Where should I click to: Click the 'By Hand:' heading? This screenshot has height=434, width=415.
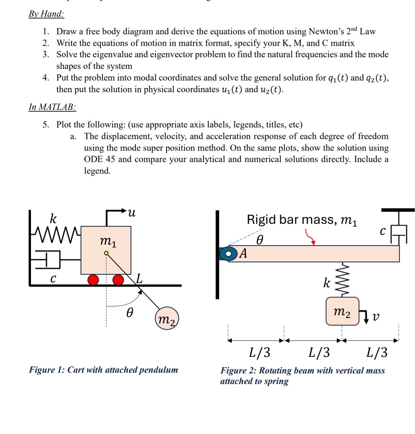pyautogui.click(x=46, y=14)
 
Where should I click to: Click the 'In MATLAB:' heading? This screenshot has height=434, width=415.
pyautogui.click(x=52, y=107)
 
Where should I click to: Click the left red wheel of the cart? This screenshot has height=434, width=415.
pyautogui.click(x=93, y=280)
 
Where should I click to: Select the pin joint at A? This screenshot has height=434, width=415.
pyautogui.click(x=229, y=253)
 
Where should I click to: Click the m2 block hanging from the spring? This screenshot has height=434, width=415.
pyautogui.click(x=342, y=311)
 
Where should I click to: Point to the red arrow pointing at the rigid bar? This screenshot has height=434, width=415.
pyautogui.click(x=310, y=237)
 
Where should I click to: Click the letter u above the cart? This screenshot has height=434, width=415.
pyautogui.click(x=131, y=212)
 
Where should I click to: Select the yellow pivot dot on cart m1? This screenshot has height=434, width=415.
pyautogui.click(x=106, y=253)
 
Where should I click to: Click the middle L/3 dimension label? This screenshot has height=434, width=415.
pyautogui.click(x=319, y=352)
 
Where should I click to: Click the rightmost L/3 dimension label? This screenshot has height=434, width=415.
pyautogui.click(x=377, y=352)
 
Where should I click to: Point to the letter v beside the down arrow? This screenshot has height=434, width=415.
pyautogui.click(x=376, y=317)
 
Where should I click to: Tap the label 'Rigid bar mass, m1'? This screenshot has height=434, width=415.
pyautogui.click(x=302, y=220)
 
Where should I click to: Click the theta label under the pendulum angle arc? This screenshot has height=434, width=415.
pyautogui.click(x=130, y=312)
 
